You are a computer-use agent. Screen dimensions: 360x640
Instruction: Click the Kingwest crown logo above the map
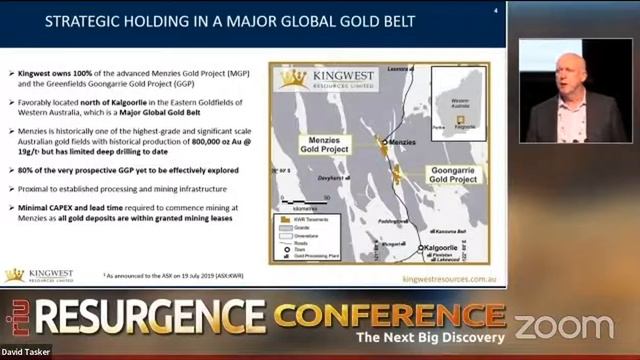click(292, 79)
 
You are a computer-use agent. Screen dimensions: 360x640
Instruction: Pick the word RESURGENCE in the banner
click(150, 323)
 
